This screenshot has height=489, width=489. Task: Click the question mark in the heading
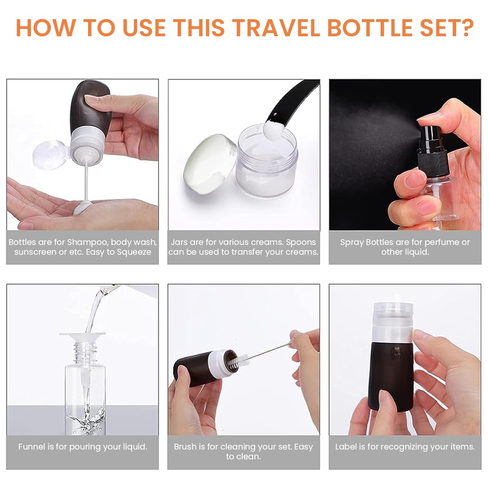click(466, 27)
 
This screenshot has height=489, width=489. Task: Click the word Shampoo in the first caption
click(86, 242)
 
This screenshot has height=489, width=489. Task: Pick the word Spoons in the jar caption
click(301, 242)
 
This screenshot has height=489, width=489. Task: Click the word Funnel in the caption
click(32, 447)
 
